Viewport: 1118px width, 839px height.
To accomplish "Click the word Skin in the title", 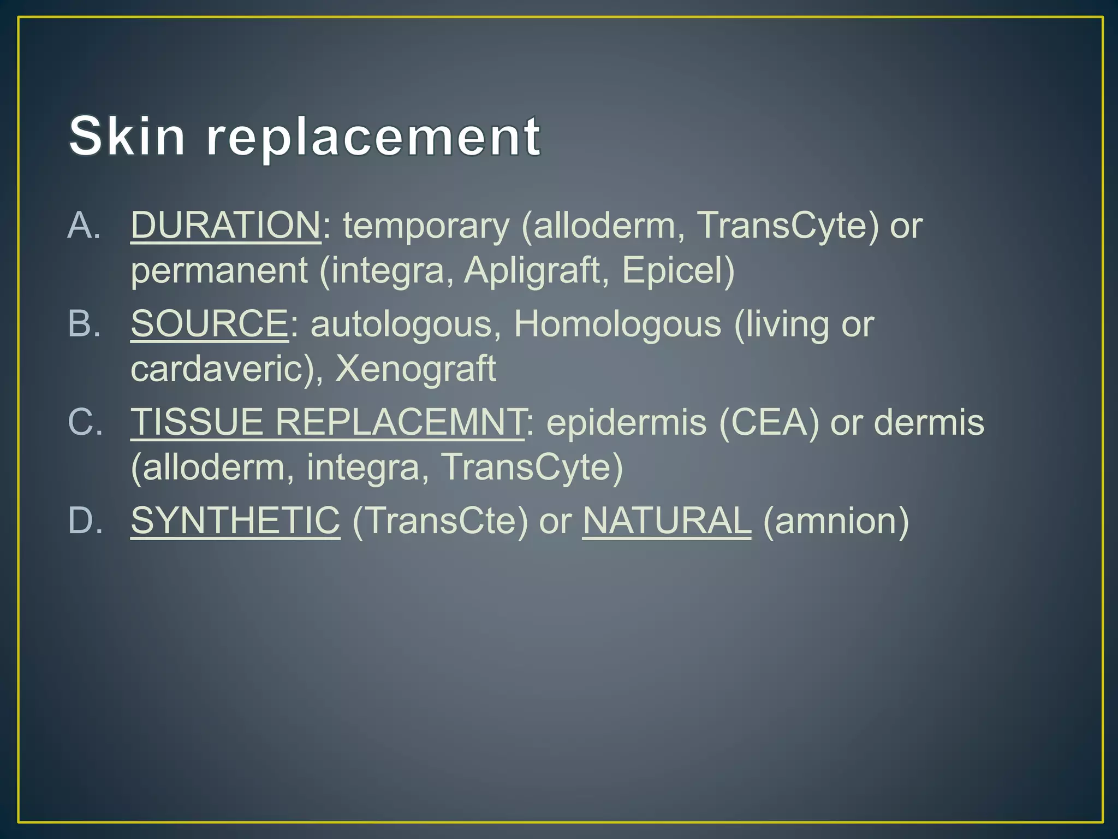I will [x=127, y=137].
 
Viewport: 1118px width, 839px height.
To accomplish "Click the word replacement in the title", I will [x=373, y=138].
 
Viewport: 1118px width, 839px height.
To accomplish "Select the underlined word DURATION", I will [x=225, y=225].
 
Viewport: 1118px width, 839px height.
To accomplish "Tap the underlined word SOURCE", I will [x=209, y=324].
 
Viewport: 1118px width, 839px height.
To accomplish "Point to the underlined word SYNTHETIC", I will [x=235, y=521].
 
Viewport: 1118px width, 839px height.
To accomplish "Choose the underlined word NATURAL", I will [x=667, y=521].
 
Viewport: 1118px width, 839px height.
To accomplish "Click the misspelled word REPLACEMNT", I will [x=399, y=422].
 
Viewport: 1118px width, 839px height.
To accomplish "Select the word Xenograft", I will [x=416, y=369].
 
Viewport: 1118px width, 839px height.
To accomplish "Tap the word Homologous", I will [x=617, y=324].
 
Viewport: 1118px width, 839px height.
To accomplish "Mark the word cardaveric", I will [x=217, y=369].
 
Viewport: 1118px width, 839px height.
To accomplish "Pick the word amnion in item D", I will [x=835, y=521].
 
